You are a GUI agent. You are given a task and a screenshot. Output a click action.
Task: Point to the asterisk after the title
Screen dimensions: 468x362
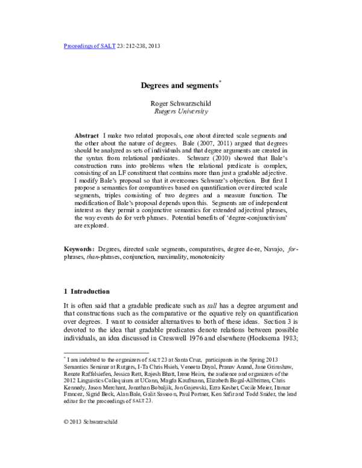click(221, 83)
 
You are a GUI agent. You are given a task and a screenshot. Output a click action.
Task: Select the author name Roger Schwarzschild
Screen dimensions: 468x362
click(180, 103)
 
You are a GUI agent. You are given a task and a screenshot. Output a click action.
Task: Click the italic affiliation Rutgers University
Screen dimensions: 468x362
click(180, 112)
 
